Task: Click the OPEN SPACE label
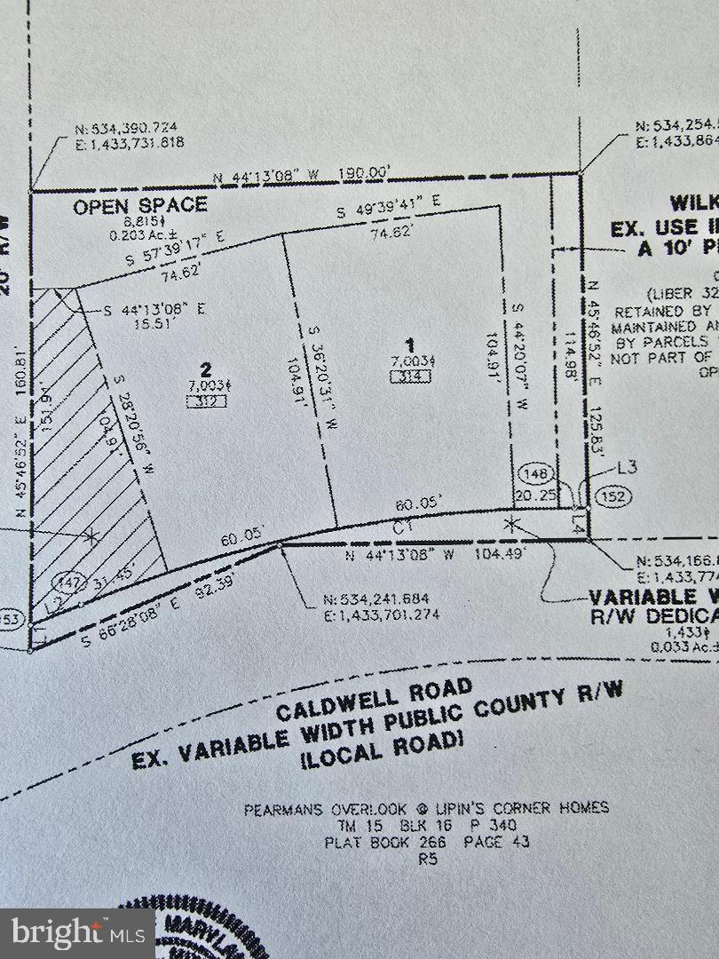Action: pyautogui.click(x=140, y=205)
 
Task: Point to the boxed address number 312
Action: pyautogui.click(x=206, y=400)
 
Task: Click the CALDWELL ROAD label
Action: pyautogui.click(x=374, y=699)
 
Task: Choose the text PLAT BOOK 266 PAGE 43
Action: pyautogui.click(x=427, y=841)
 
